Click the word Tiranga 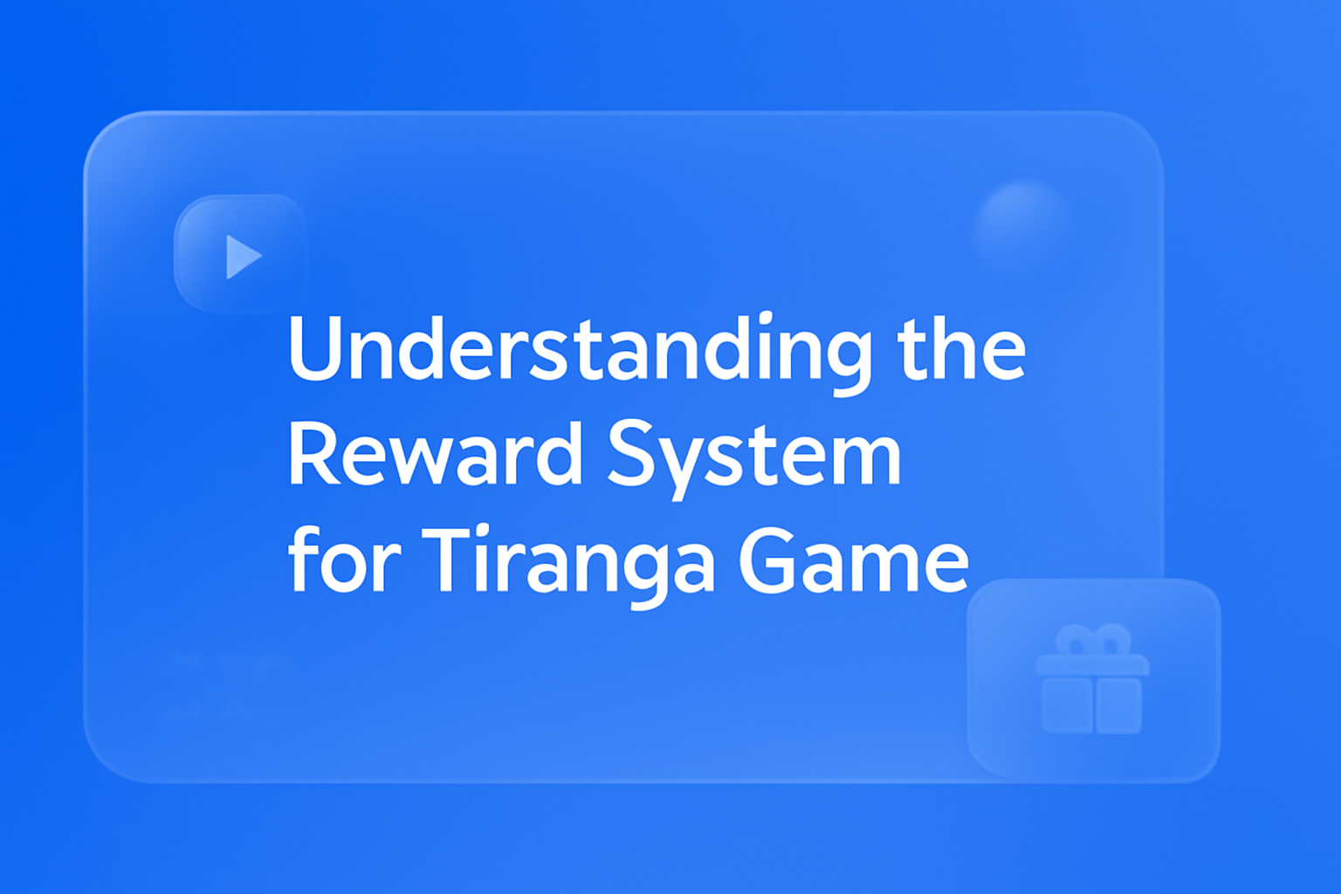click(568, 561)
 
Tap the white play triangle click(243, 257)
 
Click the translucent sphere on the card click(1023, 223)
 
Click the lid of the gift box click(1092, 666)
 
